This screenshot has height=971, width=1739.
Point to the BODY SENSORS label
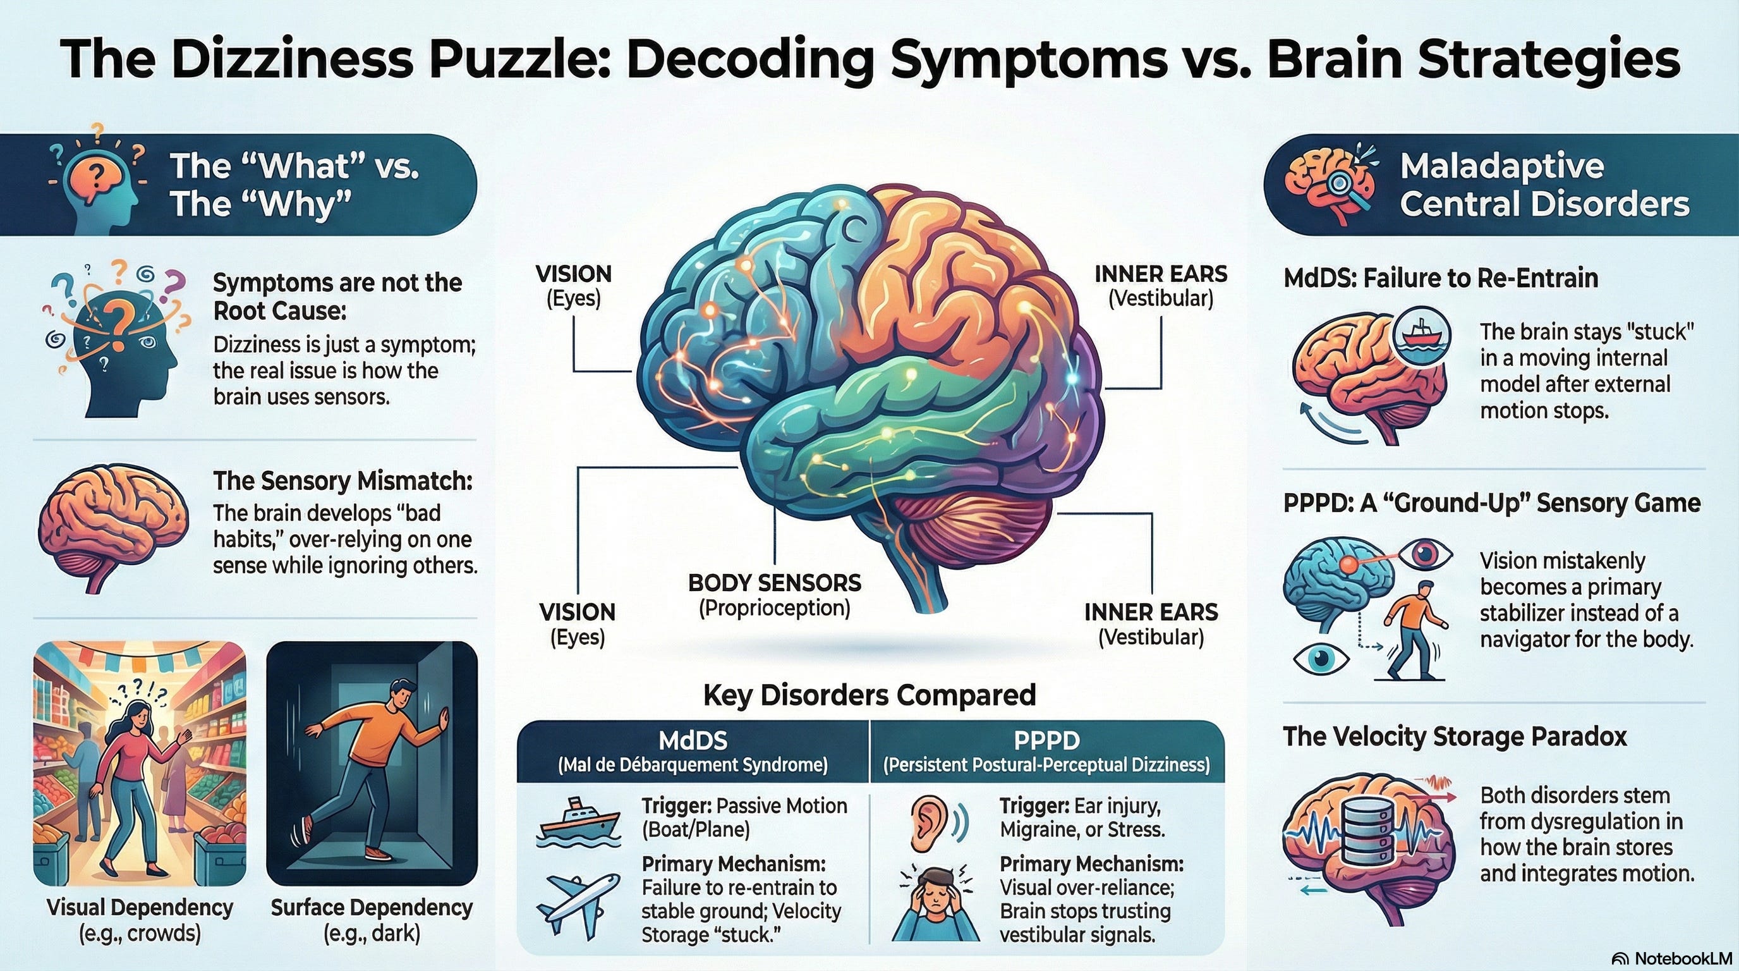tap(774, 583)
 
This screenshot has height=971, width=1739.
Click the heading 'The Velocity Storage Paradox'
tap(1454, 736)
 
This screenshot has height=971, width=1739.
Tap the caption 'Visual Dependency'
tap(140, 908)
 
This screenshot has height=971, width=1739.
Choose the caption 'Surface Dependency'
tap(372, 908)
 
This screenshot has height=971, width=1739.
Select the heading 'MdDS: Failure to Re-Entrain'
tap(1441, 278)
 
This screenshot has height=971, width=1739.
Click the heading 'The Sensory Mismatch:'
tap(342, 481)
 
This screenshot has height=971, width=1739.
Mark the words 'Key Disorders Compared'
tap(869, 695)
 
